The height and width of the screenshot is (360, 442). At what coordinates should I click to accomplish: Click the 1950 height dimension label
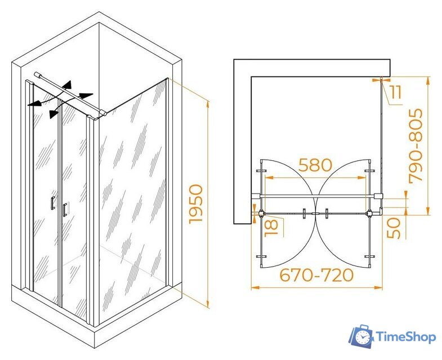click(196, 204)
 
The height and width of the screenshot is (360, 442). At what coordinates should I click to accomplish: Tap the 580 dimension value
click(315, 165)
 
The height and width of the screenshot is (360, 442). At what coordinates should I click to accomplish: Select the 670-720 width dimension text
click(316, 274)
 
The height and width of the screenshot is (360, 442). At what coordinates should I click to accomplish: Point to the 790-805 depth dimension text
click(416, 146)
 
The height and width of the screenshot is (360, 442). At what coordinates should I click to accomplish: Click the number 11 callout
click(396, 92)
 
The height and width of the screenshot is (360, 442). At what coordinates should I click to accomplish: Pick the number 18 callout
click(271, 228)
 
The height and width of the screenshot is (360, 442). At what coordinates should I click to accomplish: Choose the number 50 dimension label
click(394, 228)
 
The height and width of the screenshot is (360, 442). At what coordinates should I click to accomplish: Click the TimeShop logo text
click(406, 337)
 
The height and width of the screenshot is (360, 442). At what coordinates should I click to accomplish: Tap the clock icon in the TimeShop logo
click(362, 336)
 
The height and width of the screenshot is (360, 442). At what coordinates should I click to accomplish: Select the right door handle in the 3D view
click(65, 210)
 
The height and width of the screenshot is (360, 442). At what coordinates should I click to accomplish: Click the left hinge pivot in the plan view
click(261, 213)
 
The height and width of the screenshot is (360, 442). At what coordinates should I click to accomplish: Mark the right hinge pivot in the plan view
click(369, 214)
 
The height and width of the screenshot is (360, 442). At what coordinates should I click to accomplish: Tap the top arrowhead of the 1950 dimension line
click(208, 105)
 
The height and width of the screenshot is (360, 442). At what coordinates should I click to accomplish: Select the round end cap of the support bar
click(37, 75)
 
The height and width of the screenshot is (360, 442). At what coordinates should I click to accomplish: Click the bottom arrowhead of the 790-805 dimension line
click(427, 211)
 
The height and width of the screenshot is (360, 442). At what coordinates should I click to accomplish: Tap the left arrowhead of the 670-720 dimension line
click(255, 287)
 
